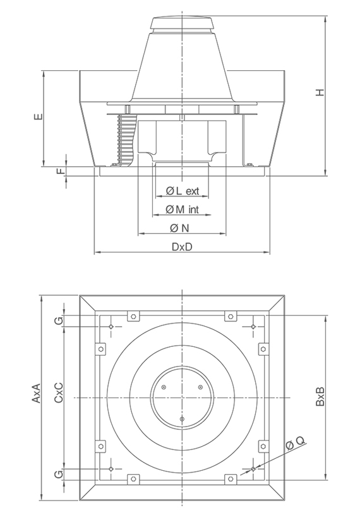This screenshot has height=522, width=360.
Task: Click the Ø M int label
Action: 183,209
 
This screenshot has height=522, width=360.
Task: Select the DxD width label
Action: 182,247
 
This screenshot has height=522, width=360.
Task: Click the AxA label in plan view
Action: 36,396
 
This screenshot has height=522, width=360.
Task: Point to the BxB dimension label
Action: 321,396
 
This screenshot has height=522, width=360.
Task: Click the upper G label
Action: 59,321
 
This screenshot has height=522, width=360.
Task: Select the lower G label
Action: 59,474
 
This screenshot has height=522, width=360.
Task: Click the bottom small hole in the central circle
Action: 182,419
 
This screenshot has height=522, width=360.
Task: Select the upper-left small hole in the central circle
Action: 164,387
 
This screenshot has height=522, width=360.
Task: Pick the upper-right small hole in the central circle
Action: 200,387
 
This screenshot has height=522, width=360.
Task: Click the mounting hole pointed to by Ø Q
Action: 253,469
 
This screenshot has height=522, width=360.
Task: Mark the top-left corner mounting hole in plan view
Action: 111,326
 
